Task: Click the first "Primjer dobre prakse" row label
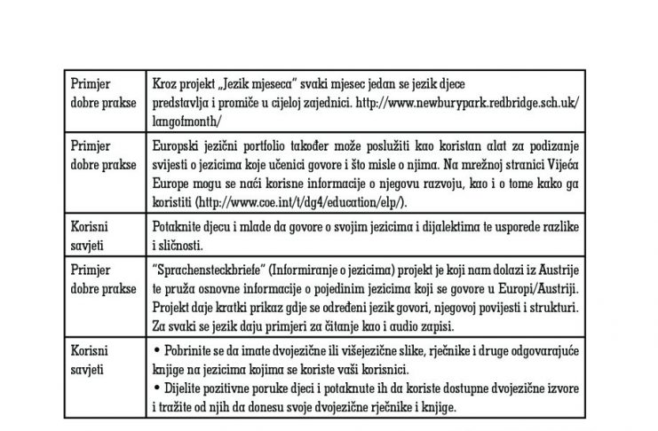(101, 88)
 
